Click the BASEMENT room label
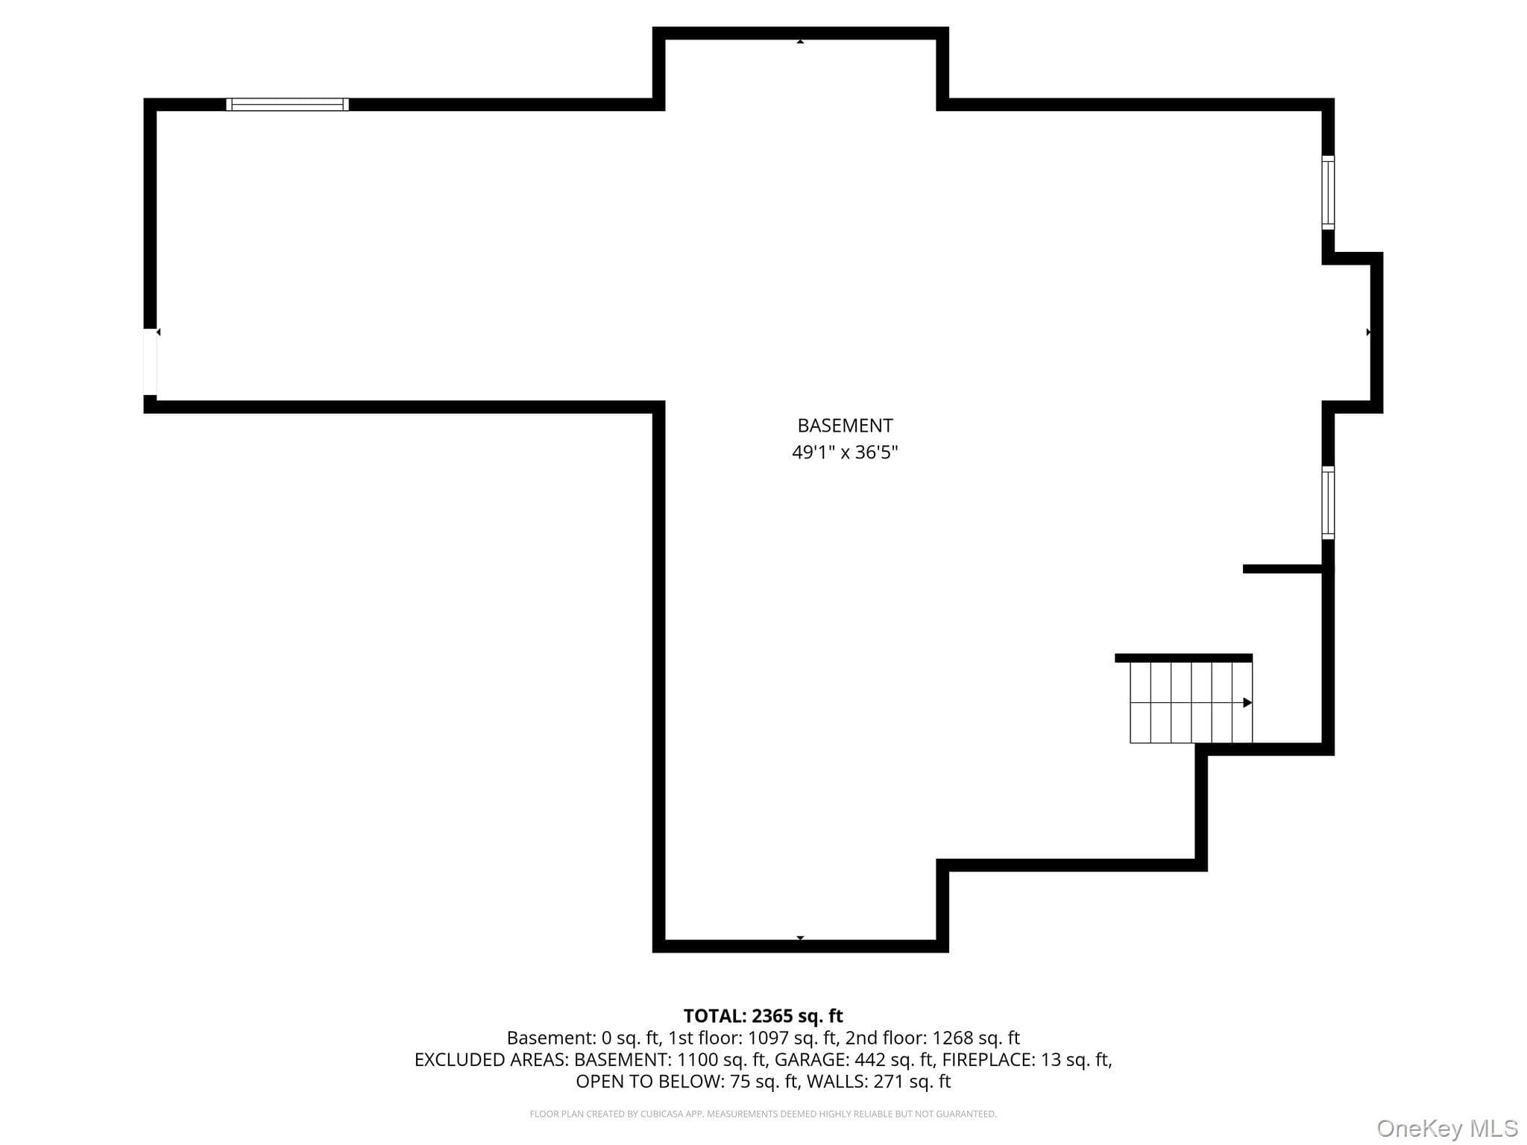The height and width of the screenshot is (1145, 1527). tap(845, 426)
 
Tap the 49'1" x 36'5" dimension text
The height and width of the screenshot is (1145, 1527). tap(845, 452)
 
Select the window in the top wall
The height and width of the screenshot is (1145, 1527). tap(287, 104)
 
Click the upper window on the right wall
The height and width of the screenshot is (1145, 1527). tap(1328, 192)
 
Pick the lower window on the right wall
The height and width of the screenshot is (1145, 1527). tap(1328, 502)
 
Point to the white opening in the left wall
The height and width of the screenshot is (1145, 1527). tap(150, 362)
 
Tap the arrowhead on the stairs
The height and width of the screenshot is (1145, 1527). tap(1247, 703)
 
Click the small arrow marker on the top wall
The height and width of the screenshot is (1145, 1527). tap(800, 42)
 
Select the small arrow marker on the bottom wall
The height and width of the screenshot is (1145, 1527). tap(800, 938)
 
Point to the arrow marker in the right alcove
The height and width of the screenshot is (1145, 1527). tap(1368, 332)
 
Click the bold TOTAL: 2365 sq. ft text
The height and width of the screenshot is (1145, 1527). tap(763, 1016)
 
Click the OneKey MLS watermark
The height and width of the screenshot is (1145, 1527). tap(1447, 1129)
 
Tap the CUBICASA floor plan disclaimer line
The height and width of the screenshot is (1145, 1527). tap(763, 1114)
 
